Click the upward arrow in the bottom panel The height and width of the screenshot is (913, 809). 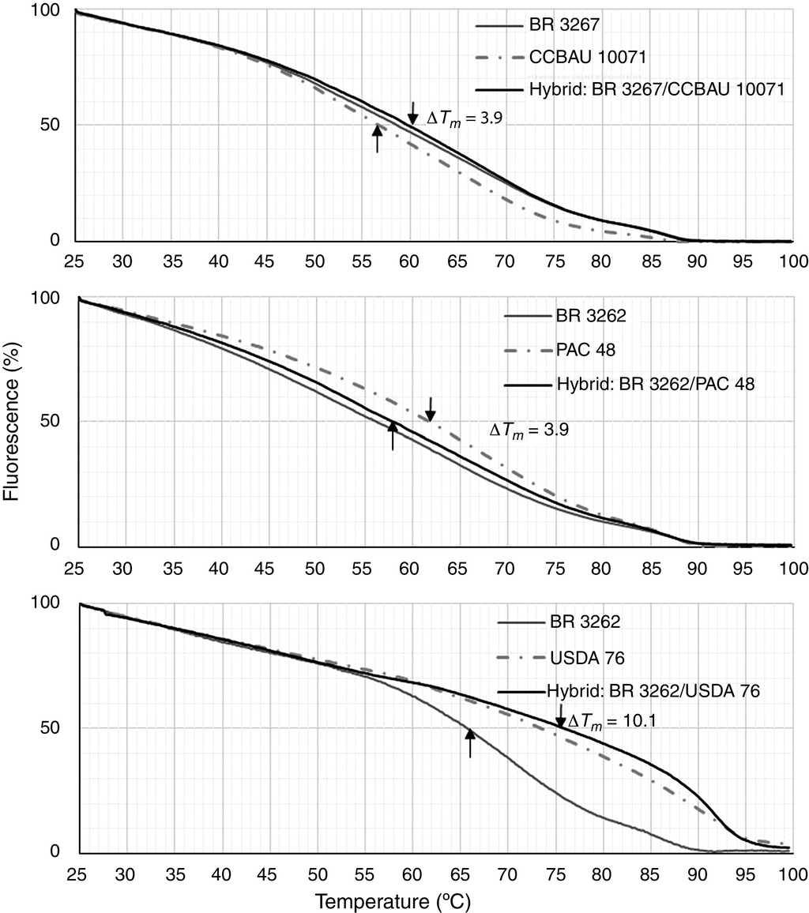(x=470, y=743)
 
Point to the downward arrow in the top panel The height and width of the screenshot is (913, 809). (x=412, y=113)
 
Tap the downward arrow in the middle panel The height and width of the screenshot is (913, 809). (x=430, y=409)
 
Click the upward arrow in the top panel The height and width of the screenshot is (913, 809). (x=377, y=138)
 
